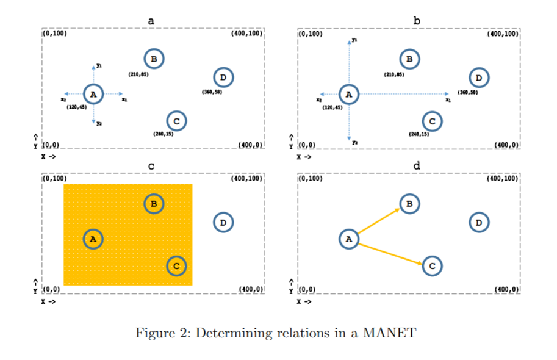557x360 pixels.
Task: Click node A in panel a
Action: (93, 94)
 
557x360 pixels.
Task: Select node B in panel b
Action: (409, 59)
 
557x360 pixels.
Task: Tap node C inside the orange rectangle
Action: (176, 265)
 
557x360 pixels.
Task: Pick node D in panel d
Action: (479, 223)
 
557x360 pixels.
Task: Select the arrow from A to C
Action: (390, 254)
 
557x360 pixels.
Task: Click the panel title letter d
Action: (417, 165)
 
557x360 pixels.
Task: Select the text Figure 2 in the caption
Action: (160, 333)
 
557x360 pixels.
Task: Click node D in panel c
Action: (223, 223)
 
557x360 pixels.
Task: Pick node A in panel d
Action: (348, 239)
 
